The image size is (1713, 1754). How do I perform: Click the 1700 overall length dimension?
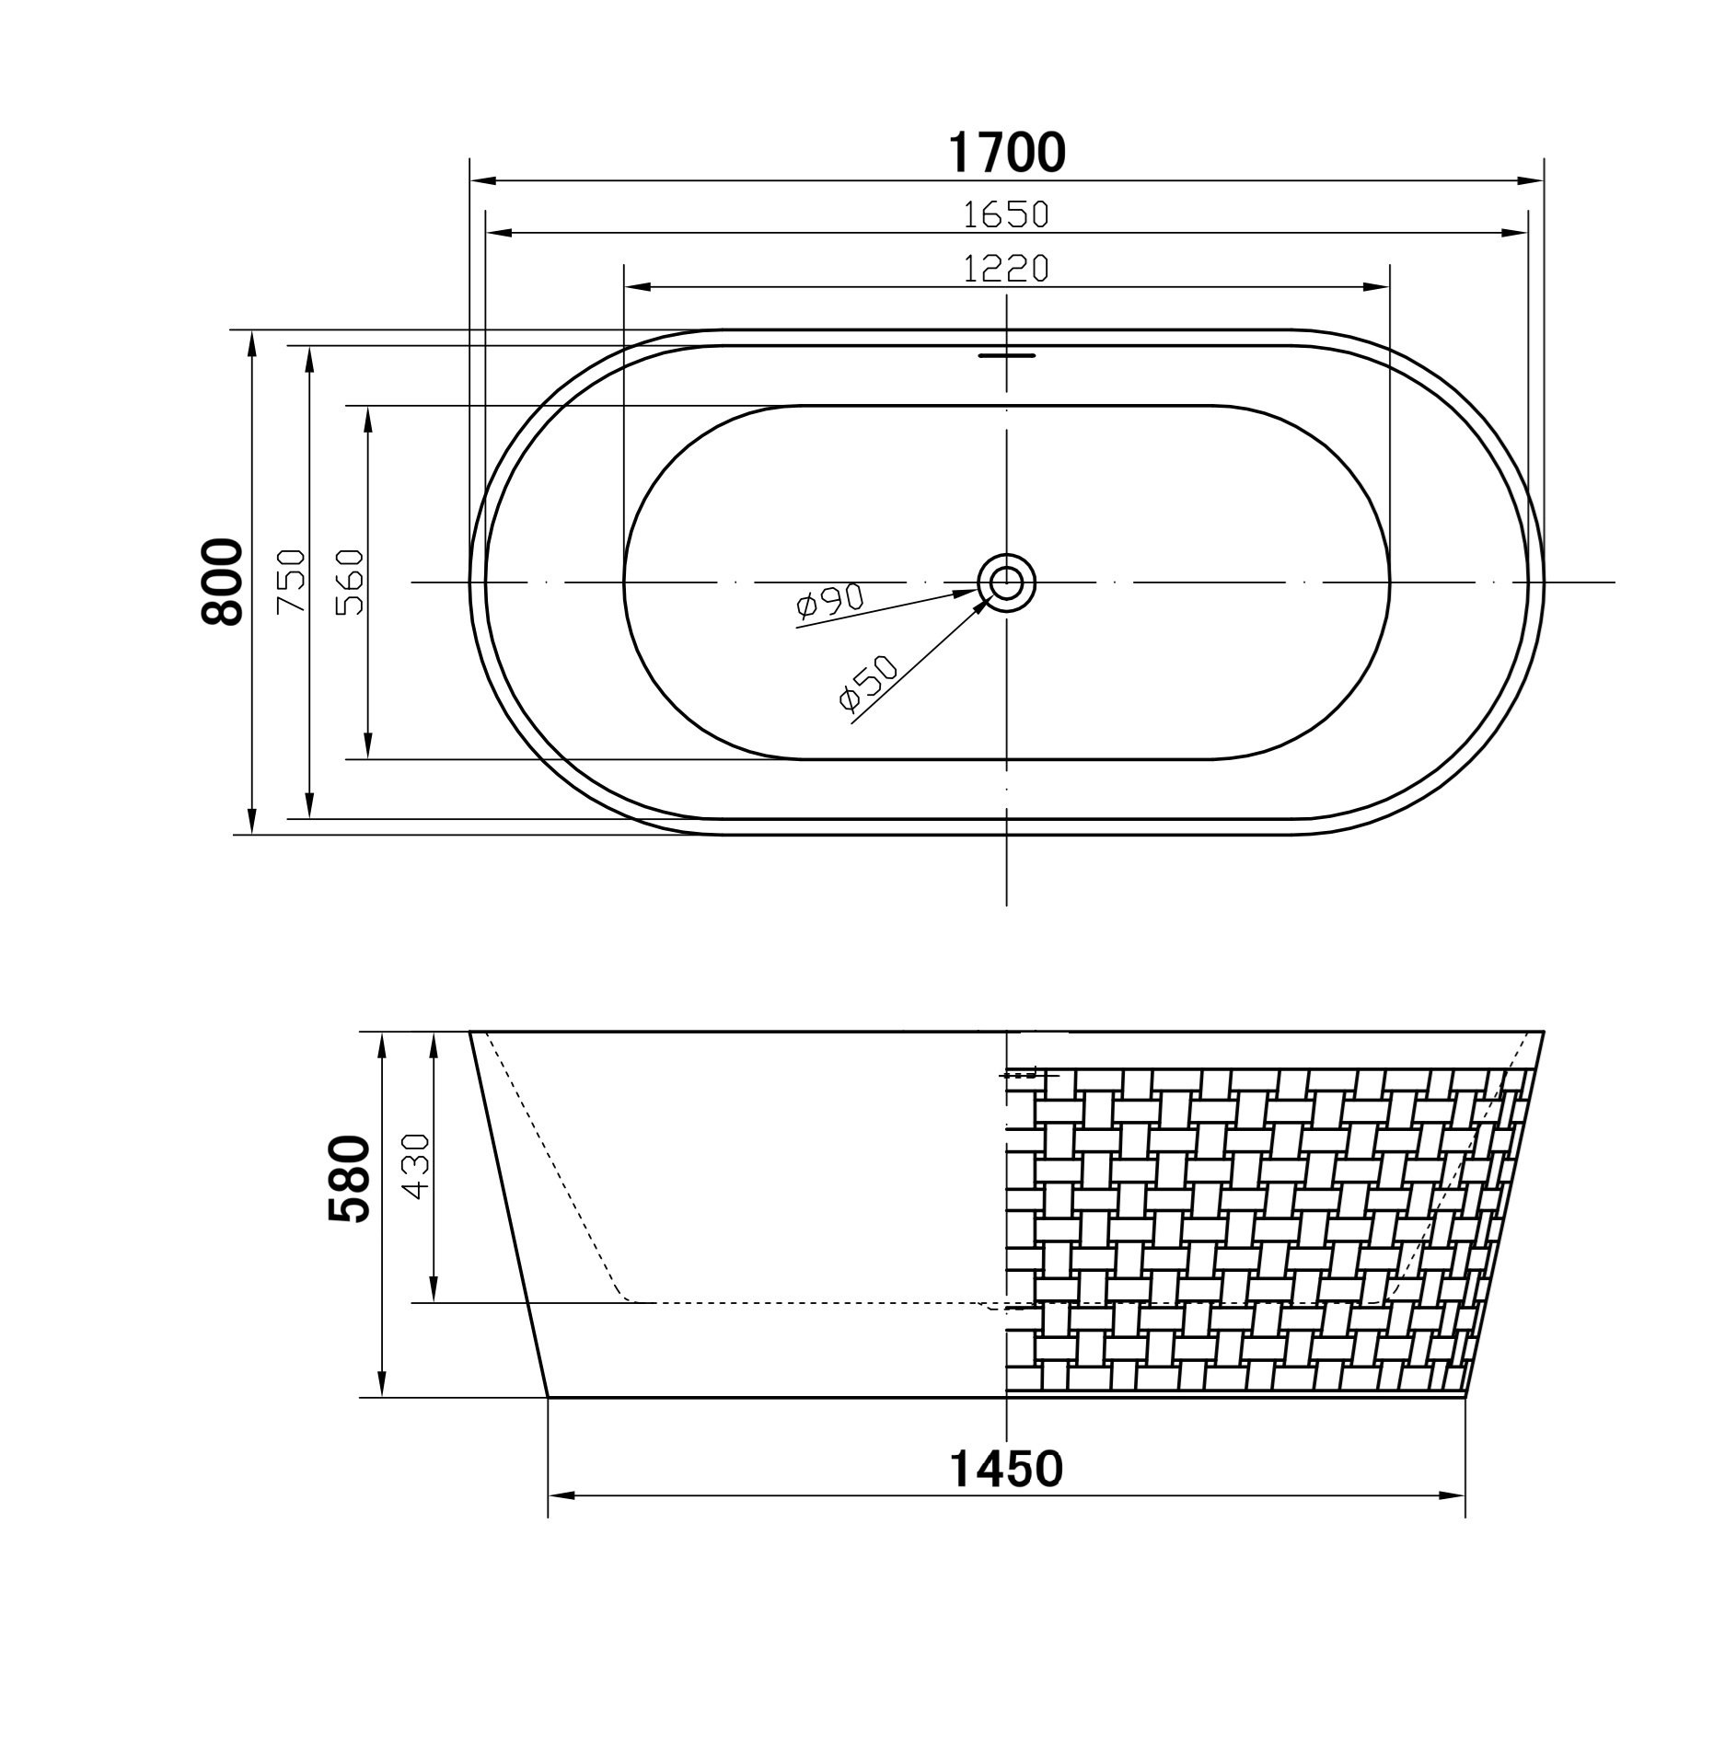pos(1006,153)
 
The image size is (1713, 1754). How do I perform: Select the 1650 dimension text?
pos(1006,214)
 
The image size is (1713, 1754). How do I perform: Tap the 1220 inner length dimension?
pos(1006,269)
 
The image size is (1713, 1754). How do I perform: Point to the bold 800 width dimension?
pos(222,582)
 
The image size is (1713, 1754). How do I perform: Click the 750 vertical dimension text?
pos(291,582)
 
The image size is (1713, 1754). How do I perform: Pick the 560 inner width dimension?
pos(351,582)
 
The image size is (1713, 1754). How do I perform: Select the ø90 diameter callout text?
pos(829,601)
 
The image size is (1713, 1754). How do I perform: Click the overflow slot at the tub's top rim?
pos(1006,354)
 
